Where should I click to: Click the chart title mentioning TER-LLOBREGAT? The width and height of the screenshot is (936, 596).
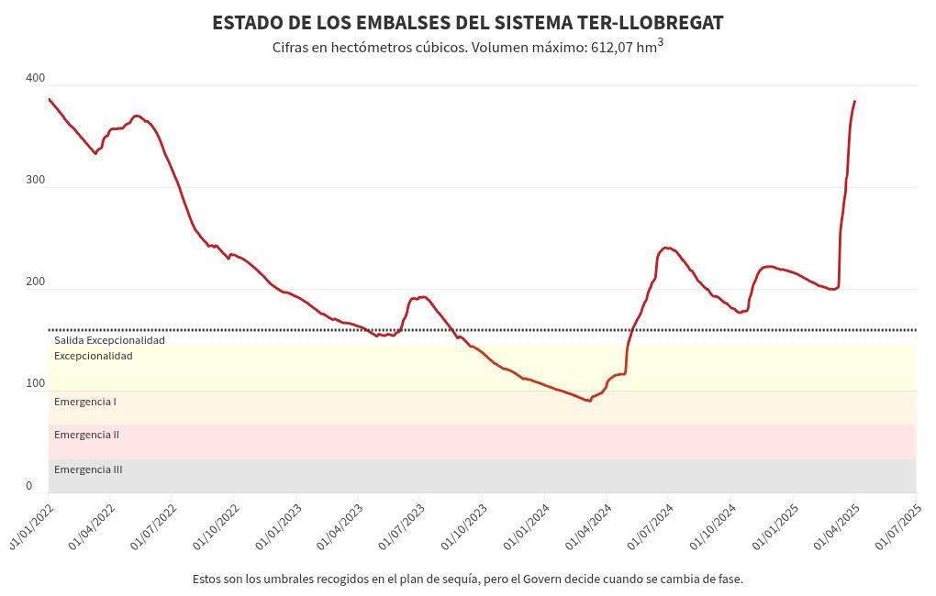(467, 23)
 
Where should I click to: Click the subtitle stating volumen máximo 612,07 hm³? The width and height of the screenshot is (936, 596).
(467, 47)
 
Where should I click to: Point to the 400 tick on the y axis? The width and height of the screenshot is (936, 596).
(36, 78)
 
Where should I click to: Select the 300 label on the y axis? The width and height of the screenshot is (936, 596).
(36, 180)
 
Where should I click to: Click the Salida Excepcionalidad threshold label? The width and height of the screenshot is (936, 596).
(109, 340)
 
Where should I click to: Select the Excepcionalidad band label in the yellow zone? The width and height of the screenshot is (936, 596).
(93, 356)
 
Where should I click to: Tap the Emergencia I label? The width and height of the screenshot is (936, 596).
(84, 402)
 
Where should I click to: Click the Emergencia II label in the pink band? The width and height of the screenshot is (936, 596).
(86, 435)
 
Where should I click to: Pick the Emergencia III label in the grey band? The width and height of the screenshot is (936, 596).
(88, 469)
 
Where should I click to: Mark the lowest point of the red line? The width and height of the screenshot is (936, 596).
(589, 401)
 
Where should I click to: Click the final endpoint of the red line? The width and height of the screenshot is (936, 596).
(854, 101)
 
